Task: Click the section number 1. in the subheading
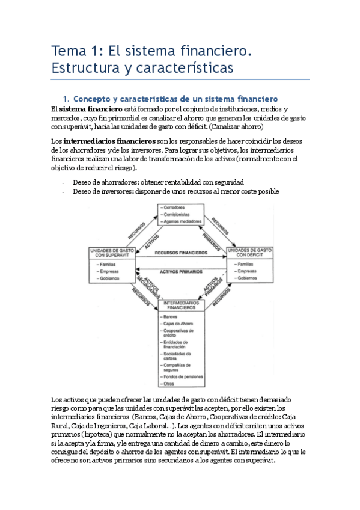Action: point(67,97)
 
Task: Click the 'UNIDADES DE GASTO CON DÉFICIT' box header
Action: point(251,253)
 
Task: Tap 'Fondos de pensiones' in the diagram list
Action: point(181,376)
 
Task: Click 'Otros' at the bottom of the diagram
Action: point(169,383)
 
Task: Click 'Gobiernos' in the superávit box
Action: point(109,278)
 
